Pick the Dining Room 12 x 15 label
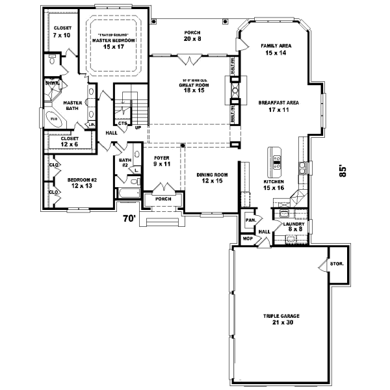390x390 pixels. pyautogui.click(x=212, y=177)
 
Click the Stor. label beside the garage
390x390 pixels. pyautogui.click(x=335, y=265)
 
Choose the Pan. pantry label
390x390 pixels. pyautogui.click(x=250, y=220)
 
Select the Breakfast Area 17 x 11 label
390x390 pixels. pyautogui.click(x=278, y=106)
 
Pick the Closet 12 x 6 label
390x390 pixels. pyautogui.click(x=69, y=142)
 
